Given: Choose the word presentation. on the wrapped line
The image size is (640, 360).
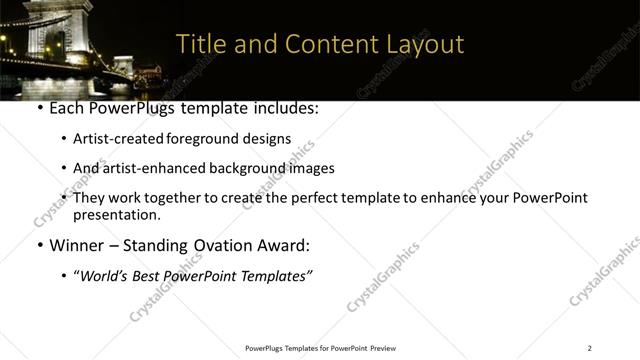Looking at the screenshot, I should tap(117, 214).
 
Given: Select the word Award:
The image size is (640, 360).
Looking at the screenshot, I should tap(283, 245).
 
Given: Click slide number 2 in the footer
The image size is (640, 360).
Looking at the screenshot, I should tap(589, 348).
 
